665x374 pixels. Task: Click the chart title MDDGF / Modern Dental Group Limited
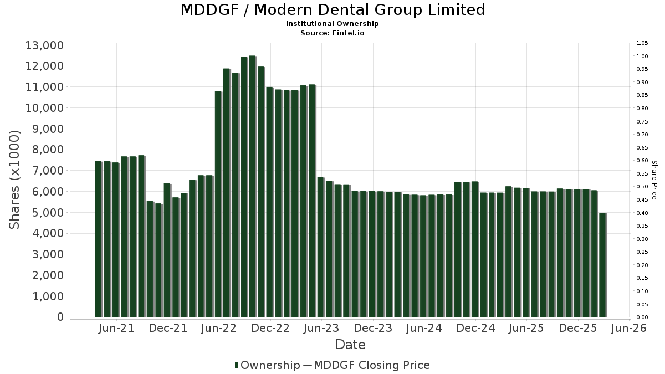tap(332, 10)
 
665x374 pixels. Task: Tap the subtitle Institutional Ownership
tap(332, 24)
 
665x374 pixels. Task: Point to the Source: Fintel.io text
tap(332, 33)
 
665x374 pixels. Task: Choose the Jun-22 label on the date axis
tap(219, 329)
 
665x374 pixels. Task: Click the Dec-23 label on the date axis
tap(373, 329)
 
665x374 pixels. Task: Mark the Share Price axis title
tap(654, 180)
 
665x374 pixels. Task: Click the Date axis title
tap(350, 345)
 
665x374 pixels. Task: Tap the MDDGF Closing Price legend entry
tap(372, 365)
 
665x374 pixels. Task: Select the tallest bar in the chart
tap(252, 186)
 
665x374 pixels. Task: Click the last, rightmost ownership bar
tap(602, 265)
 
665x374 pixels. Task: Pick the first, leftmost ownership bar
tap(99, 239)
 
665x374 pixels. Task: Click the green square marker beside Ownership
tap(237, 365)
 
